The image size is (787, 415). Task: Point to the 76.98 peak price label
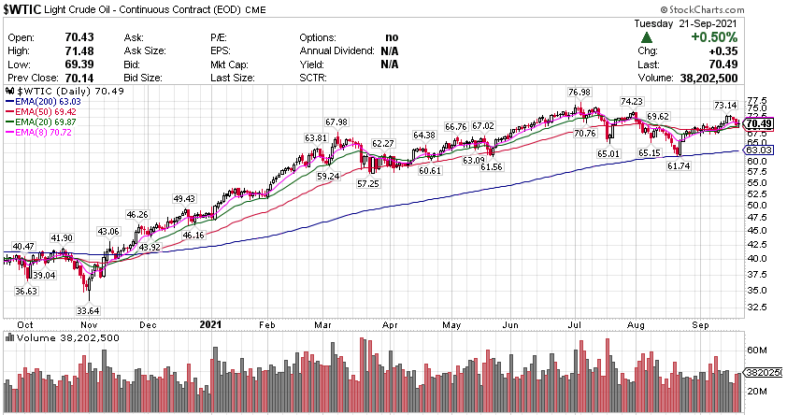tap(580, 92)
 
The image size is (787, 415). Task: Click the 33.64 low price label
tap(88, 311)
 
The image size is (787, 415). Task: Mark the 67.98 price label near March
tap(336, 122)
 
